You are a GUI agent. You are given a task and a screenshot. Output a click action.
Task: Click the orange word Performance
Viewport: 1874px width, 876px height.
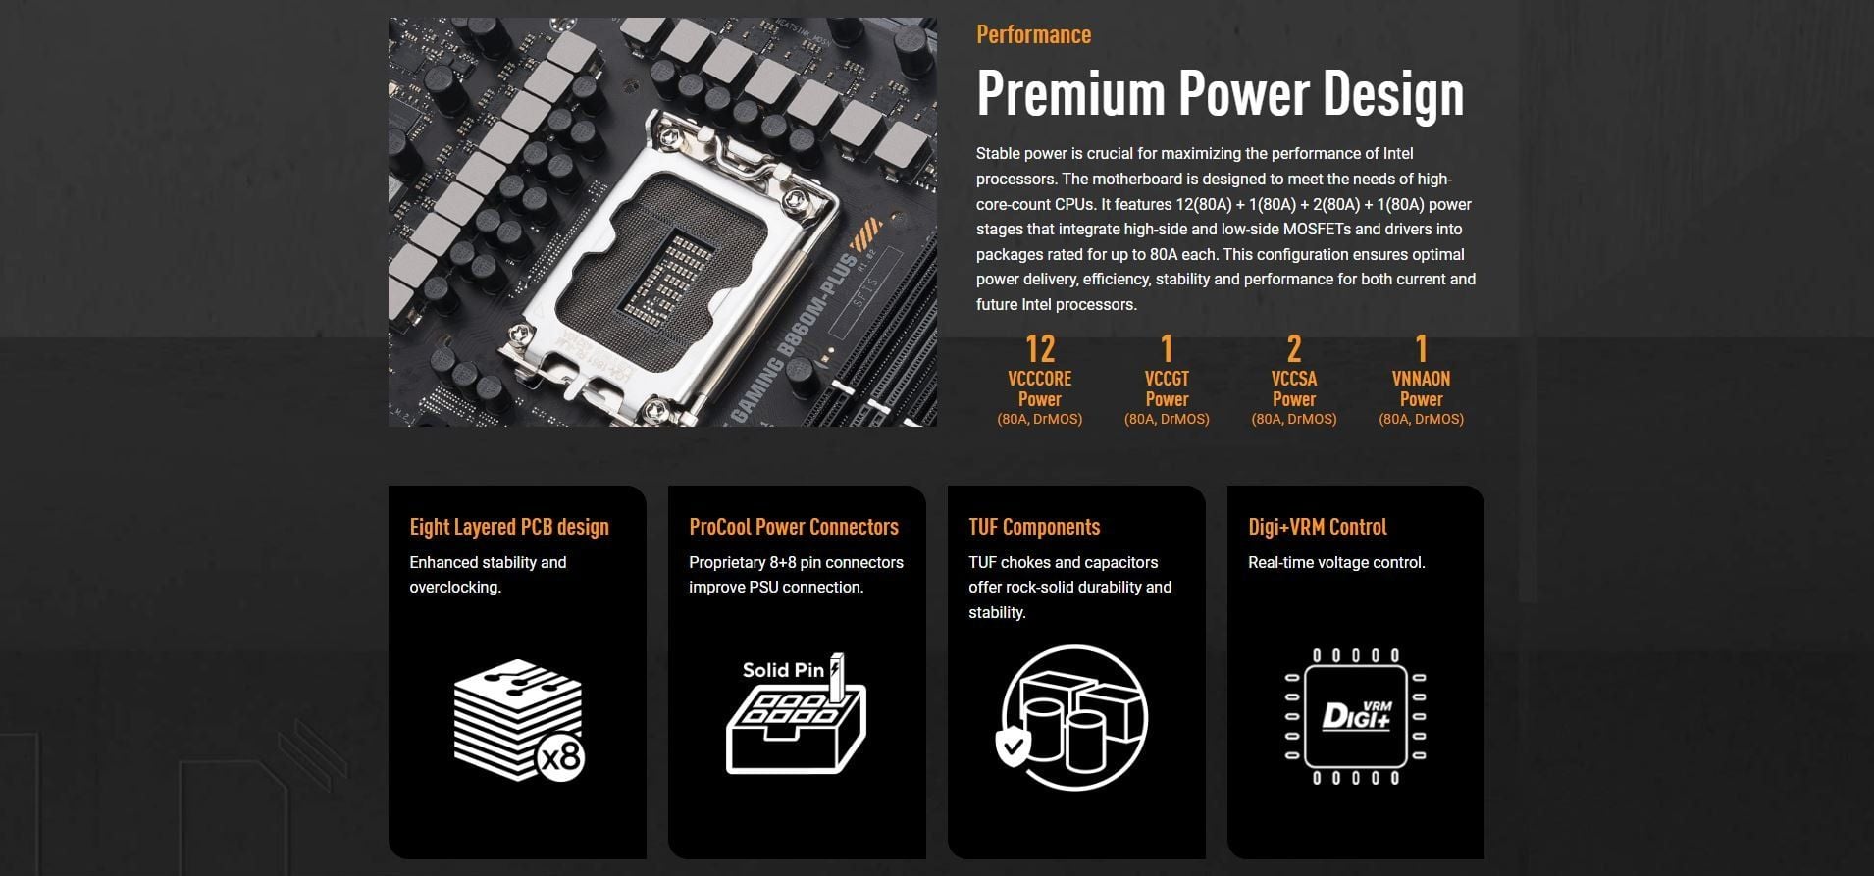pyautogui.click(x=1033, y=35)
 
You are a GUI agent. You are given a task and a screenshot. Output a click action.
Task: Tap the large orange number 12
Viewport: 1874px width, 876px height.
pyautogui.click(x=1039, y=349)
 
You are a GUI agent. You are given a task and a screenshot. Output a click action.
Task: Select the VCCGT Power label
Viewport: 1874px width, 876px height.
pyautogui.click(x=1167, y=388)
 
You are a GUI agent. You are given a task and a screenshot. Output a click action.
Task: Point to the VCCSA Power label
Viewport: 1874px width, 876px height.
pyautogui.click(x=1294, y=388)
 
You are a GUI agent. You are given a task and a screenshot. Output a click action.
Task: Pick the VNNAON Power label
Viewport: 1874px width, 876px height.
pyautogui.click(x=1421, y=388)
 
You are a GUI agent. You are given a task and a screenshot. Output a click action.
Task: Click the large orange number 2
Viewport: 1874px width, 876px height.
pyautogui.click(x=1294, y=349)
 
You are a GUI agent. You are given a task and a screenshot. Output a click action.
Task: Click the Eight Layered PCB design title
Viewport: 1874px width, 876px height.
pyautogui.click(x=509, y=527)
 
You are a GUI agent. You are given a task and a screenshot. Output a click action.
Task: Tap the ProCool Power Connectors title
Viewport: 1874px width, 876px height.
pyautogui.click(x=794, y=527)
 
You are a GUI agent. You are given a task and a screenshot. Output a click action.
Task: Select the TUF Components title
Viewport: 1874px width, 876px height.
pyautogui.click(x=1034, y=527)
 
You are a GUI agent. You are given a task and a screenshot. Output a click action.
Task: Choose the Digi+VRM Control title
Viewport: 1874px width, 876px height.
pyautogui.click(x=1318, y=527)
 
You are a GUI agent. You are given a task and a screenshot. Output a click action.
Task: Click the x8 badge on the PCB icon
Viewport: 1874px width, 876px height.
pyautogui.click(x=562, y=758)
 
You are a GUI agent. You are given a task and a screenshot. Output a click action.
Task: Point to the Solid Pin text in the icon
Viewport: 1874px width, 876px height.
pyautogui.click(x=783, y=671)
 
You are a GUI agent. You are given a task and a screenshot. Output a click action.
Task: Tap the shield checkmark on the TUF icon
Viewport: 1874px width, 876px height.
pyautogui.click(x=1013, y=747)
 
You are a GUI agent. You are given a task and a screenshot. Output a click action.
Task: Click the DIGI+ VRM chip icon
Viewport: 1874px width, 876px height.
pyautogui.click(x=1355, y=716)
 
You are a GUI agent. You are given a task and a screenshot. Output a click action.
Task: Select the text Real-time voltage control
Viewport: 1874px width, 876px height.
pyautogui.click(x=1336, y=563)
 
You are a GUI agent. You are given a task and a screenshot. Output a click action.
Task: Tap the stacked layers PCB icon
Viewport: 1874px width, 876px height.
pyautogui.click(x=518, y=720)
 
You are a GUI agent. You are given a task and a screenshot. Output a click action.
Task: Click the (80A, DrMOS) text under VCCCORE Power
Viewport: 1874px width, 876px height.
pyautogui.click(x=1039, y=419)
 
